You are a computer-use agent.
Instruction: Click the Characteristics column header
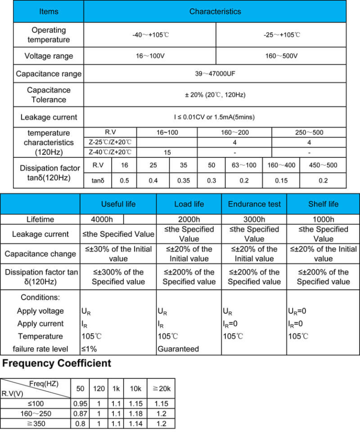(215, 11)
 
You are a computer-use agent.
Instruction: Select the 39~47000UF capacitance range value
(215, 74)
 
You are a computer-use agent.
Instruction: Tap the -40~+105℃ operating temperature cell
(150, 35)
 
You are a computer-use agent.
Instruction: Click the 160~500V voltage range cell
(281, 56)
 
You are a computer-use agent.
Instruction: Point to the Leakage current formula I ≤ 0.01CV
(215, 117)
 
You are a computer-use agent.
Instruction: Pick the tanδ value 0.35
(183, 180)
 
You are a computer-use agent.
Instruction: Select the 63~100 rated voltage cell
(244, 165)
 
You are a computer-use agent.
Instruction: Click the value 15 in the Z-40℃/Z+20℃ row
(167, 152)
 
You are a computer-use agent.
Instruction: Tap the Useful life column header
(118, 204)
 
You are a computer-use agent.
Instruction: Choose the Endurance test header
(254, 204)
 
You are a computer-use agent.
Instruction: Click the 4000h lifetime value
(102, 219)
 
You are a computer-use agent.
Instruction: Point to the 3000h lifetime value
(254, 219)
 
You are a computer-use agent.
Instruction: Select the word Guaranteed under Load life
(178, 349)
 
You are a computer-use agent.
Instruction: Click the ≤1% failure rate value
(89, 349)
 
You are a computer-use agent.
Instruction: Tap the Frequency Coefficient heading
(57, 363)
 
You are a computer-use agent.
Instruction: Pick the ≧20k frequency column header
(161, 389)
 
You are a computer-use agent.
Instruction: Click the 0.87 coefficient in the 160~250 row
(81, 413)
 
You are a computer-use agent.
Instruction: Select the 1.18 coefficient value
(135, 413)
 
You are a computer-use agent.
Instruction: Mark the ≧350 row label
(36, 423)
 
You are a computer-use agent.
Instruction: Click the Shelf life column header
(323, 204)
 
